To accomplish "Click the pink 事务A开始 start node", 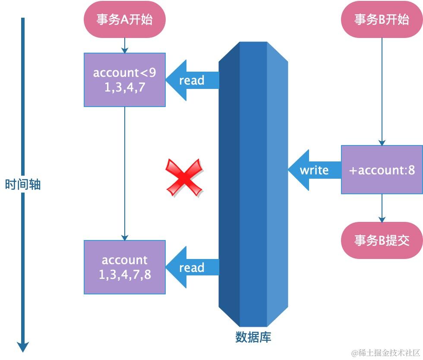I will coord(124,19).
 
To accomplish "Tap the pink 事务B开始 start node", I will coord(382,19).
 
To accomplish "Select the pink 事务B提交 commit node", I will coord(382,241).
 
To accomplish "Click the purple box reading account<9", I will coord(124,79).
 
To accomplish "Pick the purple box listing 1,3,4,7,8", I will coord(125,267).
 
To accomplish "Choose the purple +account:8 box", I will coord(382,170).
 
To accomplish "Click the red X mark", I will coord(185,178).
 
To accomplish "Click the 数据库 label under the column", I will coord(253,337).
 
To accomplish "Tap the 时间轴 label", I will coord(23,185).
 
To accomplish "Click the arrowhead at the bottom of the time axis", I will coord(23,346).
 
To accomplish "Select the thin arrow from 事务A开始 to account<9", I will coord(124,45).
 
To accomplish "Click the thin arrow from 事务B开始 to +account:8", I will coord(382,91).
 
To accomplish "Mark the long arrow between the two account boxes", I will coord(125,173).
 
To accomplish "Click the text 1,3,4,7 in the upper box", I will coord(124,88).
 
